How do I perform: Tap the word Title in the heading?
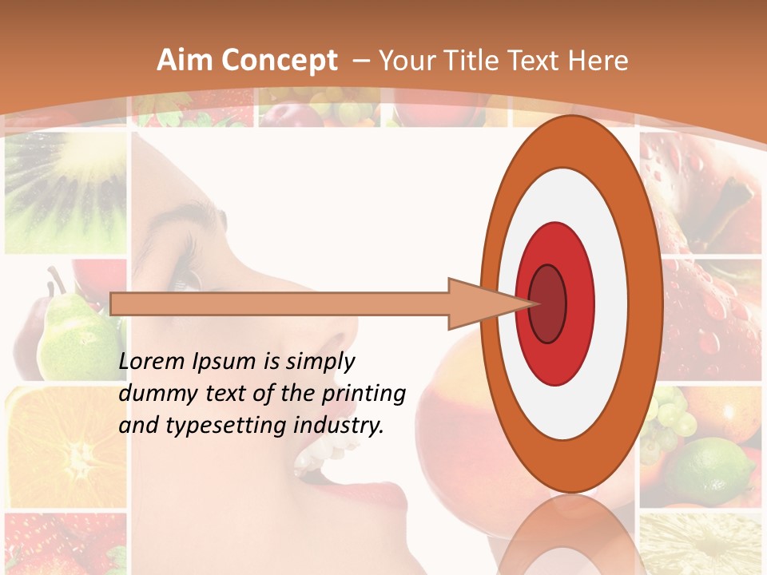click(499, 61)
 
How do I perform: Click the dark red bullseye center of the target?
click(547, 303)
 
